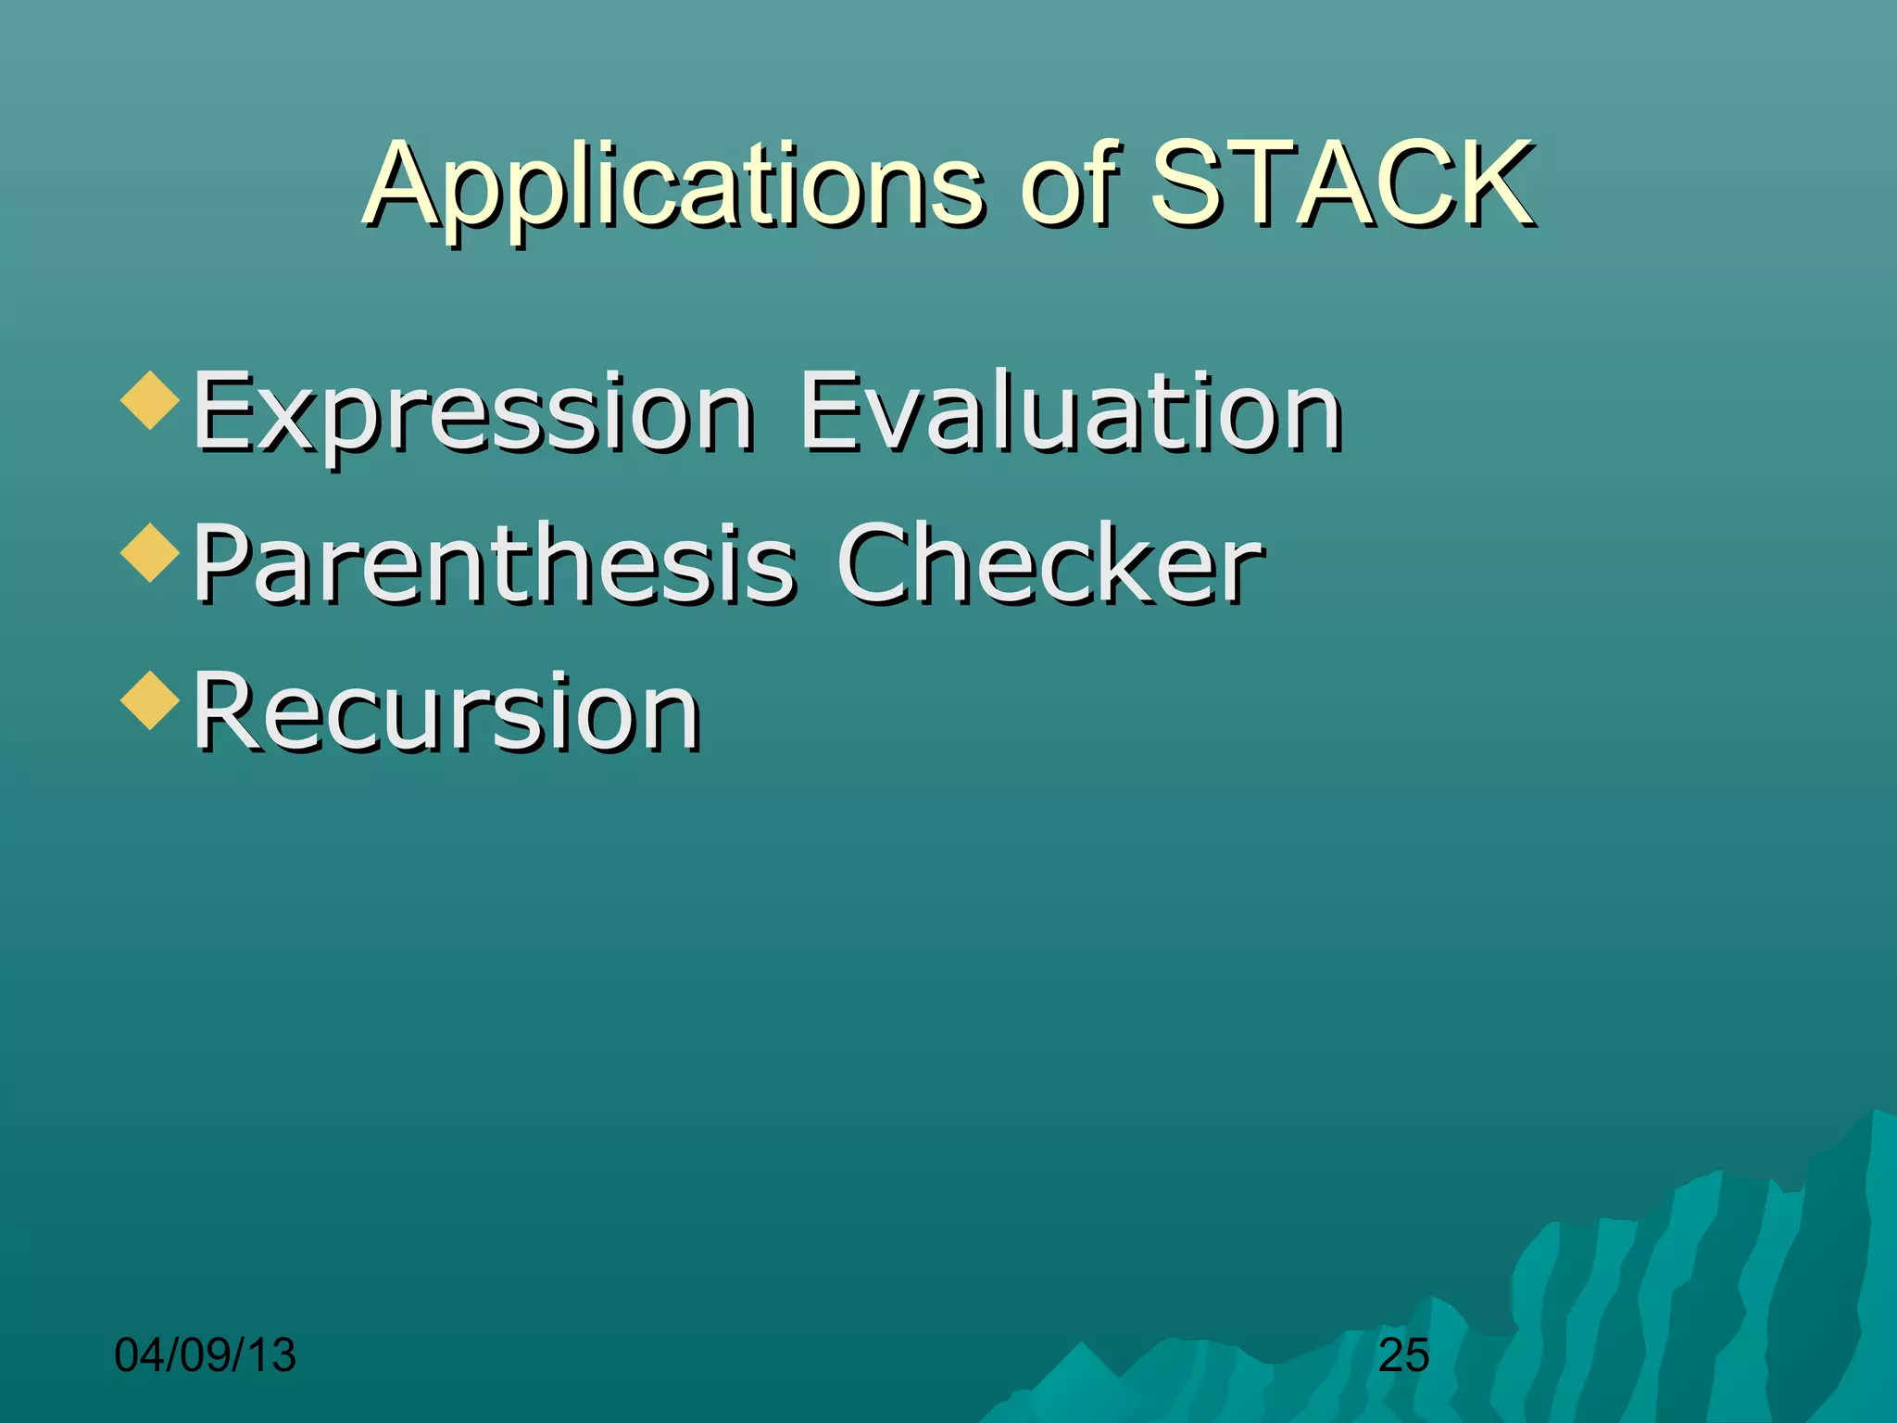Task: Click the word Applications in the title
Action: pyautogui.click(x=674, y=185)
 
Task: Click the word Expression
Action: pyautogui.click(x=472, y=413)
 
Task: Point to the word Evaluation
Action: pyautogui.click(x=1070, y=411)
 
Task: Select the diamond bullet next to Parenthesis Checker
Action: pyautogui.click(x=150, y=552)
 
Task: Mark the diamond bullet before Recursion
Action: pyautogui.click(x=150, y=700)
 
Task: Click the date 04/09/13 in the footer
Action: pyautogui.click(x=205, y=1355)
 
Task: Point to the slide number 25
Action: pyautogui.click(x=1403, y=1356)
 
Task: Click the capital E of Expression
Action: pyautogui.click(x=222, y=411)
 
